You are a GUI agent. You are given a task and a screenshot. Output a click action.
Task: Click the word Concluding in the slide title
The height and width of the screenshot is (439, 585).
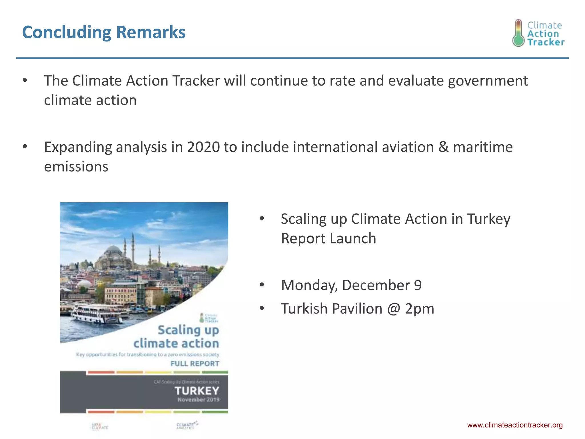[x=66, y=32]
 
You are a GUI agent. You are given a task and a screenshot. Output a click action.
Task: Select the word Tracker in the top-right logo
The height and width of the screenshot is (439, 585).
[x=546, y=42]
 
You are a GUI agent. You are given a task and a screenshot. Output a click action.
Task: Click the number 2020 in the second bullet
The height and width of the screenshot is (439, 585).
[x=203, y=147]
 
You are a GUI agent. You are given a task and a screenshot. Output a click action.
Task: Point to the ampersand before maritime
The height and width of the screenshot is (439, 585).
[x=443, y=147]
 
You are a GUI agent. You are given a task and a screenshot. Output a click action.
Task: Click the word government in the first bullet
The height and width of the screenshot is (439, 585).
[x=488, y=81]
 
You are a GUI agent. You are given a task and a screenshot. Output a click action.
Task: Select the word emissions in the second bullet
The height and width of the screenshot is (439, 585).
[x=76, y=167]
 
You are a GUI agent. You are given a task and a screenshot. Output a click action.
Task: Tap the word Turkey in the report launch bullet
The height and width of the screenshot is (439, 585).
[x=488, y=219]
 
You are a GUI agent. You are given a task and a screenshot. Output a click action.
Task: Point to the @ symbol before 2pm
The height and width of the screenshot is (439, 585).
[x=394, y=309]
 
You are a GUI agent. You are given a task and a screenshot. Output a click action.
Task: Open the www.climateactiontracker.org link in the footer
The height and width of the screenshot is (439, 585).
[x=515, y=425]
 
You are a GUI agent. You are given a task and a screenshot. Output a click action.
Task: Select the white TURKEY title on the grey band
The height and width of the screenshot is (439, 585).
[x=197, y=391]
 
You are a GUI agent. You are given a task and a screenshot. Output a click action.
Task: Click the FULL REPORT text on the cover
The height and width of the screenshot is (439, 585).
[x=195, y=364]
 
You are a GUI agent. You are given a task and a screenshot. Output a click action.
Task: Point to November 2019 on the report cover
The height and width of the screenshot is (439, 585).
[x=198, y=400]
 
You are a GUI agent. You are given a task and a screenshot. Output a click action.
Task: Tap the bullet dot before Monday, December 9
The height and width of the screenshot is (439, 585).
[x=262, y=285]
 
